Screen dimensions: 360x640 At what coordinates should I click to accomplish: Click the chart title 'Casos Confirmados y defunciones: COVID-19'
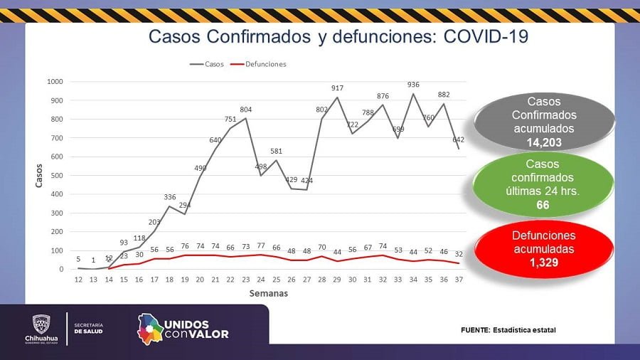pyautogui.click(x=338, y=36)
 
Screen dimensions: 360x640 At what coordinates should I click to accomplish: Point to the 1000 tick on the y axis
pyautogui.click(x=55, y=82)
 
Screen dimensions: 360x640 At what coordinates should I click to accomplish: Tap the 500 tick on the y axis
pyautogui.click(x=58, y=176)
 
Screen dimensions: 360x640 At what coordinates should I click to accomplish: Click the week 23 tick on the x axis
pyautogui.click(x=246, y=280)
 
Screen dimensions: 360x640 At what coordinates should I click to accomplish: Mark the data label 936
pyautogui.click(x=413, y=85)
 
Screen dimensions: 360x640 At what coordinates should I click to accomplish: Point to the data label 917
pyautogui.click(x=337, y=88)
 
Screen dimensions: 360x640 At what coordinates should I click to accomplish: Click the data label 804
pyautogui.click(x=246, y=110)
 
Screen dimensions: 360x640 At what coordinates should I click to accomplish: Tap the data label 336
pyautogui.click(x=170, y=197)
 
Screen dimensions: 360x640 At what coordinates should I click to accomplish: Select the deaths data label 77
pyautogui.click(x=261, y=245)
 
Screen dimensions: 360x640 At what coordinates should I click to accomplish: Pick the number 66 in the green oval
pyautogui.click(x=543, y=205)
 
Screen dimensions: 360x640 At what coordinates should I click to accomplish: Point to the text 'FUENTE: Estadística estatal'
pyautogui.click(x=508, y=330)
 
